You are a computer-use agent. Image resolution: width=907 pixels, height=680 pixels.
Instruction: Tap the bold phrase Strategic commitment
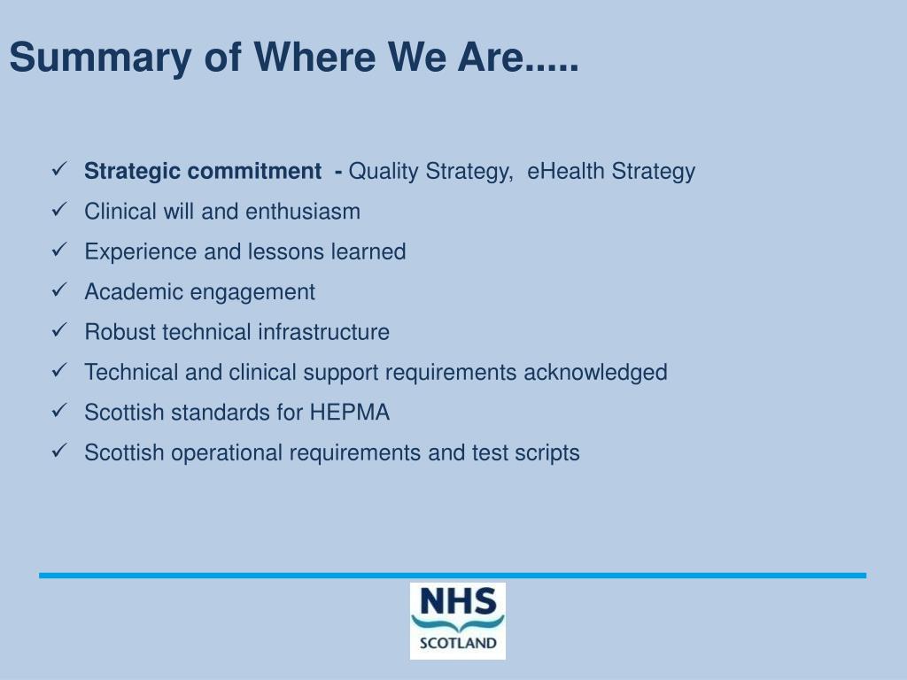[203, 171]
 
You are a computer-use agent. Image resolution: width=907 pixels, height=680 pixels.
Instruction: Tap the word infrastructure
[323, 332]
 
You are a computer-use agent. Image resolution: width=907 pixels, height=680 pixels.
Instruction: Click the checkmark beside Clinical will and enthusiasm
[60, 210]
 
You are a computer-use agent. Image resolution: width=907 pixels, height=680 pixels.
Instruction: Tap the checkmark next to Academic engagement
[60, 290]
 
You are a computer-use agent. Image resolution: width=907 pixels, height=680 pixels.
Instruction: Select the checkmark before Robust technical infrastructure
[60, 330]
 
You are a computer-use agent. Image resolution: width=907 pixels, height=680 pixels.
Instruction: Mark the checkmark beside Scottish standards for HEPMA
[60, 411]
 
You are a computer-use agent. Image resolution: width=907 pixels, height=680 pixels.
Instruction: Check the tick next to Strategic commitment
[60, 169]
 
